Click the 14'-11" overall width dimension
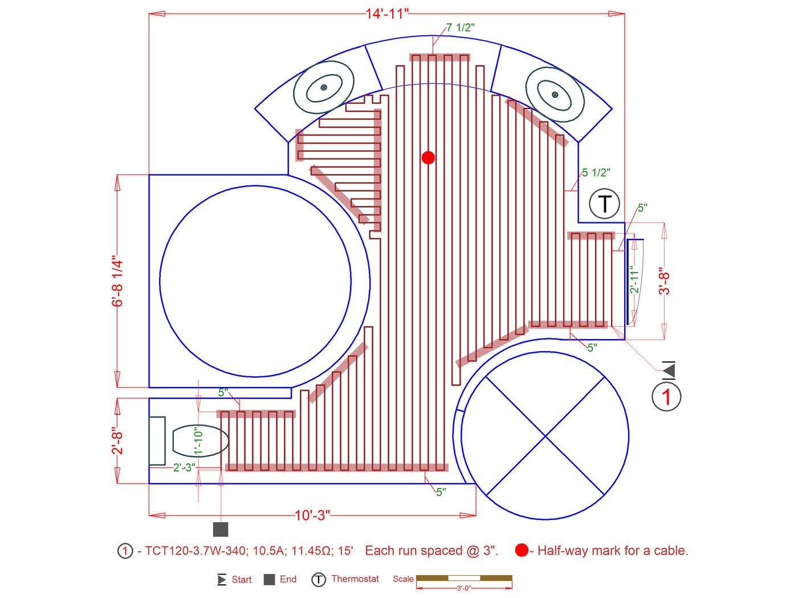[x=387, y=14]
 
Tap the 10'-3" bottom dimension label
[x=312, y=515]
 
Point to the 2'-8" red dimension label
[x=117, y=440]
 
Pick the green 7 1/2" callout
[x=460, y=27]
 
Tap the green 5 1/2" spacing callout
[x=596, y=172]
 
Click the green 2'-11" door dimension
[x=634, y=280]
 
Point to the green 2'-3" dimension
[x=184, y=467]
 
